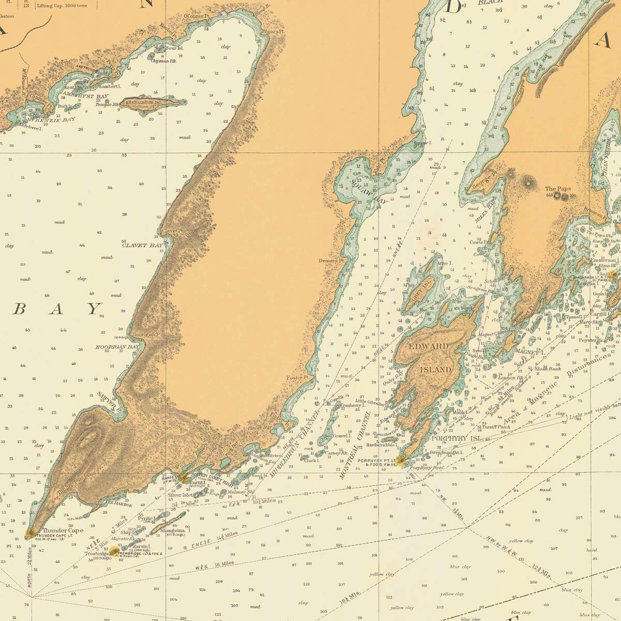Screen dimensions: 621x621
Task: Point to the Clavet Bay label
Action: tap(142, 245)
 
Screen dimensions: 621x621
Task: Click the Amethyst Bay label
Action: tap(83, 96)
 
